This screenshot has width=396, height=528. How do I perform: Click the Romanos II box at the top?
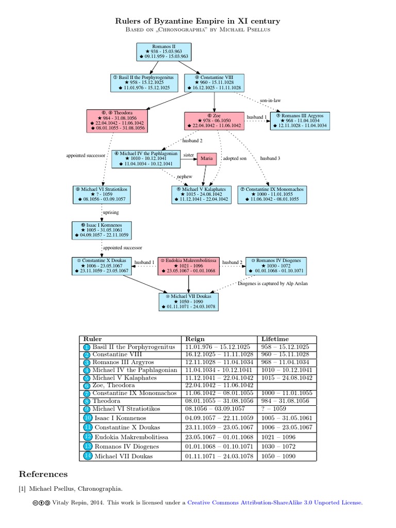pyautogui.click(x=163, y=52)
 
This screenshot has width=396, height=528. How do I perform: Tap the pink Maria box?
pyautogui.click(x=206, y=159)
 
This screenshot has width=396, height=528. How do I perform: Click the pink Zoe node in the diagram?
pyautogui.click(x=213, y=121)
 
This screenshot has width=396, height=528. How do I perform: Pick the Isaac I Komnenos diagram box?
pyautogui.click(x=101, y=230)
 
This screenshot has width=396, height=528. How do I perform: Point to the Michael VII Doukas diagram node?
pyautogui.click(x=189, y=301)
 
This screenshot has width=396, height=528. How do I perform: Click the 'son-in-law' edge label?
pyautogui.click(x=270, y=101)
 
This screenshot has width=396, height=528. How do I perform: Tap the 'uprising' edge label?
pyautogui.click(x=111, y=212)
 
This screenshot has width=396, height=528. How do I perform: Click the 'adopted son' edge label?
pyautogui.click(x=235, y=158)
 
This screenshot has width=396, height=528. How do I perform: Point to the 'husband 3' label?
pyautogui.click(x=270, y=158)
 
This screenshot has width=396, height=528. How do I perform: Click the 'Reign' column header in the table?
pyautogui.click(x=195, y=339)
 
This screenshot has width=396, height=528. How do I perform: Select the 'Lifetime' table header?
pyautogui.click(x=275, y=339)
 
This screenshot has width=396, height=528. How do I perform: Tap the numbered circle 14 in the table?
pyautogui.click(x=87, y=456)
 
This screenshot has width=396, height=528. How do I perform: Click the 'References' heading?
pyautogui.click(x=43, y=474)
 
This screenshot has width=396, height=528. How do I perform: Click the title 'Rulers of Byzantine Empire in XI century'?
pyautogui.click(x=198, y=21)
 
